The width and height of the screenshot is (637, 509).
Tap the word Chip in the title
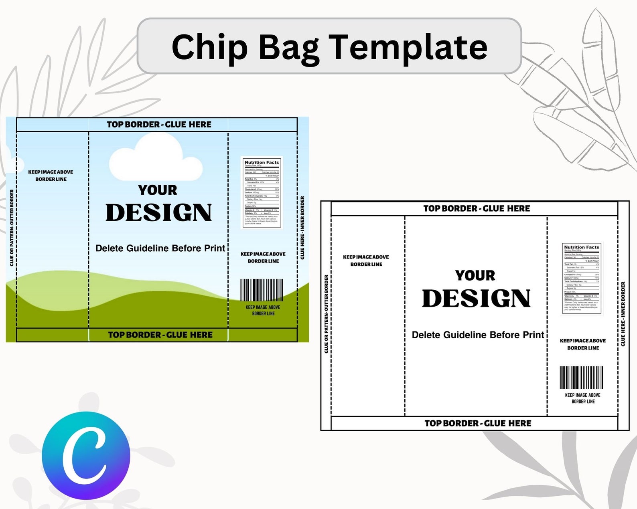(x=210, y=47)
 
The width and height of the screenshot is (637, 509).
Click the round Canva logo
(x=86, y=456)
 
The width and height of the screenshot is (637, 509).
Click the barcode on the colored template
(x=262, y=290)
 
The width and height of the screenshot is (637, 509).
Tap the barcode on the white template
(x=581, y=377)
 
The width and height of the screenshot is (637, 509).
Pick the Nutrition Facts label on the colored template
(x=262, y=192)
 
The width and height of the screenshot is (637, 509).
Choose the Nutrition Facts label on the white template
(x=582, y=277)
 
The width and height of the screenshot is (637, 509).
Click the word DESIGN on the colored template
(x=158, y=213)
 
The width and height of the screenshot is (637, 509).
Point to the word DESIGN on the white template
(x=476, y=299)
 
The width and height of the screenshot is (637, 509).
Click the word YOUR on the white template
(x=475, y=275)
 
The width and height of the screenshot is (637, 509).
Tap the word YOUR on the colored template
(x=158, y=190)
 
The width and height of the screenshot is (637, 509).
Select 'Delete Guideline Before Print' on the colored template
(x=160, y=248)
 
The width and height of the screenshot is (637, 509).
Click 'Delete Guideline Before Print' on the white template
(x=478, y=335)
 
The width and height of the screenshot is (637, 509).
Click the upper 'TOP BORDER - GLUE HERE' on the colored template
(x=159, y=125)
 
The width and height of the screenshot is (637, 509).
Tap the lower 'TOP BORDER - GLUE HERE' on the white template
(x=478, y=423)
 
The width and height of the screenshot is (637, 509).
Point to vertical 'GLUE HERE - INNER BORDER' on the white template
(x=623, y=314)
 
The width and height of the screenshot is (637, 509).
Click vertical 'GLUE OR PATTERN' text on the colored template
(x=12, y=228)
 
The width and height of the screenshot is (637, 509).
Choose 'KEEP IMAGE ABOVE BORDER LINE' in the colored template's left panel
(x=51, y=176)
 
